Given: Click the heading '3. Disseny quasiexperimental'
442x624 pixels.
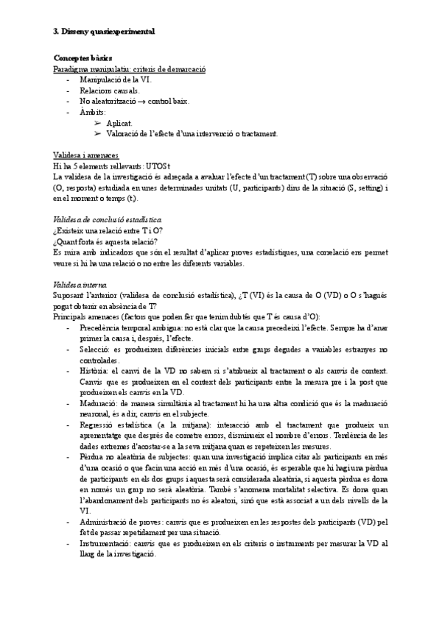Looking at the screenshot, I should coord(104,32).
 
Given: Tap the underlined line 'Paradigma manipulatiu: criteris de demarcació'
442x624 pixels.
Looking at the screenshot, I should coord(130,68).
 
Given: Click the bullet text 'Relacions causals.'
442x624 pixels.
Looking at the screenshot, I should coord(109,90).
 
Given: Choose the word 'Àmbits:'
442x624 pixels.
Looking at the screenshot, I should coord(94,112).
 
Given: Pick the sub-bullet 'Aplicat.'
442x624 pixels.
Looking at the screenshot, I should coord(119,123).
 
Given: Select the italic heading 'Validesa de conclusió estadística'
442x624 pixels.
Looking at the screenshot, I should coord(108,220).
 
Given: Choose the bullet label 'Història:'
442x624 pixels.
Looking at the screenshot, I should coord(96,372).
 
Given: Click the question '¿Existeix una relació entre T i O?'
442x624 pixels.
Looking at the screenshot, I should coord(109,230).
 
